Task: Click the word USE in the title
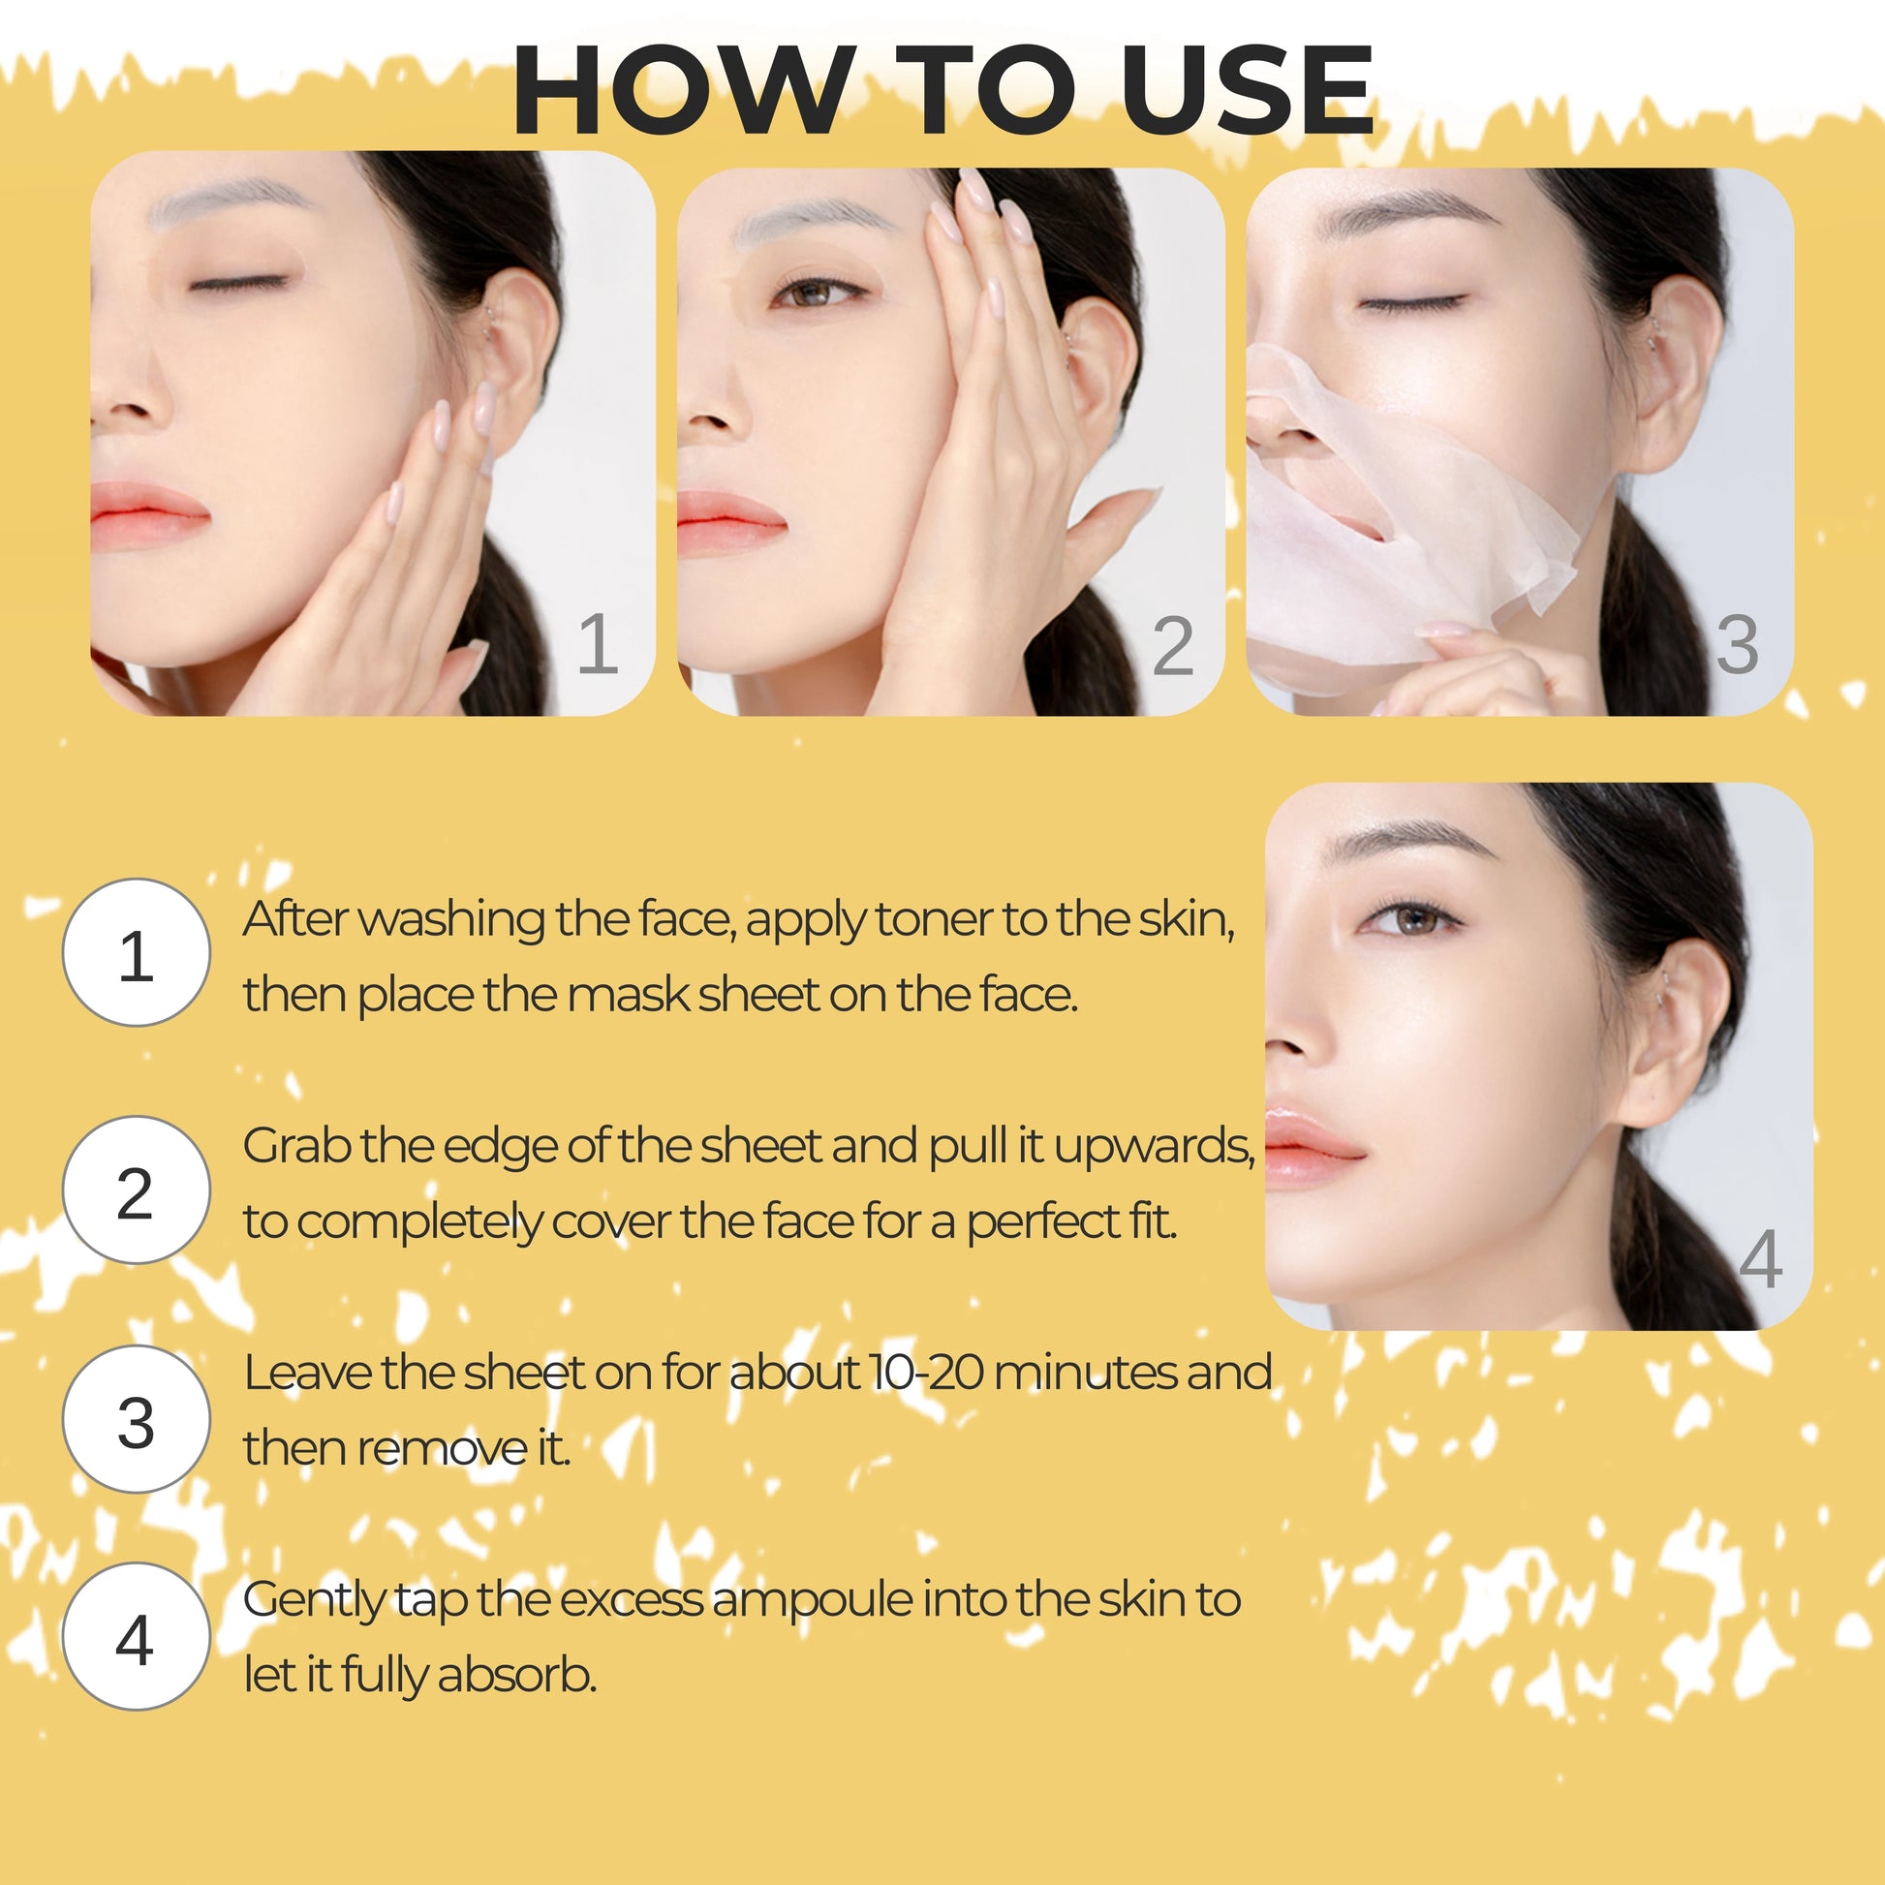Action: click(x=1247, y=90)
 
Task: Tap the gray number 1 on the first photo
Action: click(x=598, y=644)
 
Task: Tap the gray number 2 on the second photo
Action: click(x=1172, y=645)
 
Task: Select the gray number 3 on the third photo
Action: click(x=1737, y=645)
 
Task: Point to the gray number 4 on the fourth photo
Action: click(x=1761, y=1259)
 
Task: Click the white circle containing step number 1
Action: click(x=137, y=952)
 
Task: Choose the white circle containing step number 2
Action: click(x=137, y=1190)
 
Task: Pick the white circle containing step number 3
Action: click(x=137, y=1420)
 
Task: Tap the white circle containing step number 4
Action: click(x=137, y=1636)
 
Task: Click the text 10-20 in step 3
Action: click(x=928, y=1372)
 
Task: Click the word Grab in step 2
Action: click(x=296, y=1147)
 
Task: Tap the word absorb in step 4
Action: click(x=517, y=1675)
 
